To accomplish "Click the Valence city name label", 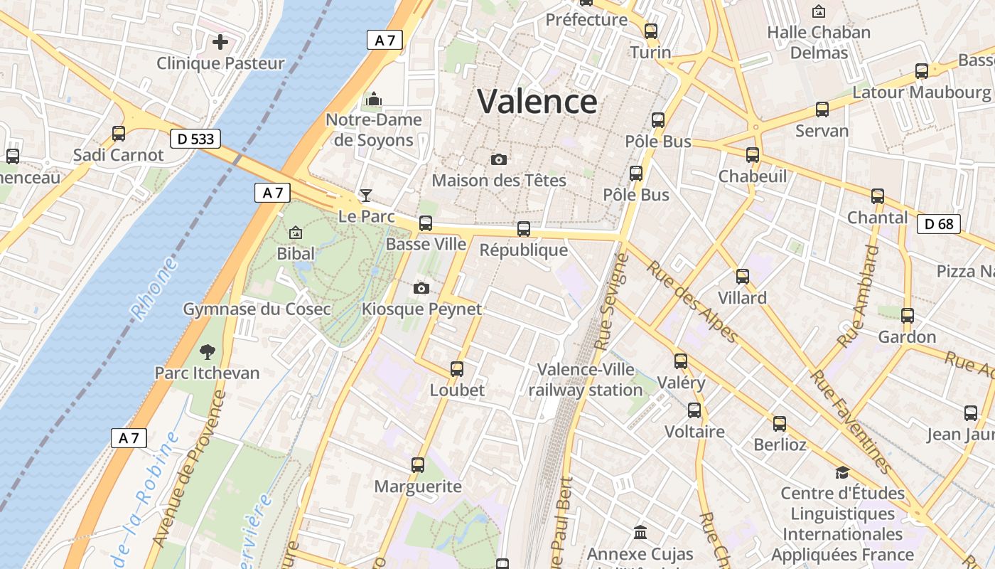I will (537, 101).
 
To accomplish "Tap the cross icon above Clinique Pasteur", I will (220, 42).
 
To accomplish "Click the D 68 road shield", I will (938, 224).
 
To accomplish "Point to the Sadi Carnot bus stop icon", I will (119, 133).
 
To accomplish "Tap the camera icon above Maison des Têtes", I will (499, 159).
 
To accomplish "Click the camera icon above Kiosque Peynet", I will (421, 288).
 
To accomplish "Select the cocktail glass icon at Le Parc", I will (366, 195).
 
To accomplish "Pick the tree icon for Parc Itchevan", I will (208, 351).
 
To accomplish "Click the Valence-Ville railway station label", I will (585, 380).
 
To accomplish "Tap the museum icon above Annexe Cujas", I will (640, 532).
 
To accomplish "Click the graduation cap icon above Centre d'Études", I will (842, 472).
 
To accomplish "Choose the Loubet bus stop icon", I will (457, 369).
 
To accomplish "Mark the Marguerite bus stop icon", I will (418, 465).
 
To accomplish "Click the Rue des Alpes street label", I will (692, 302).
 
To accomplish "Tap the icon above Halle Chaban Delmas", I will (819, 11).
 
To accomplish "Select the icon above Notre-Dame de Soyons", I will (373, 99).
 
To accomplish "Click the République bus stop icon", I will (524, 229).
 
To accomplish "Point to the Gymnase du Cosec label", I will (257, 309).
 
